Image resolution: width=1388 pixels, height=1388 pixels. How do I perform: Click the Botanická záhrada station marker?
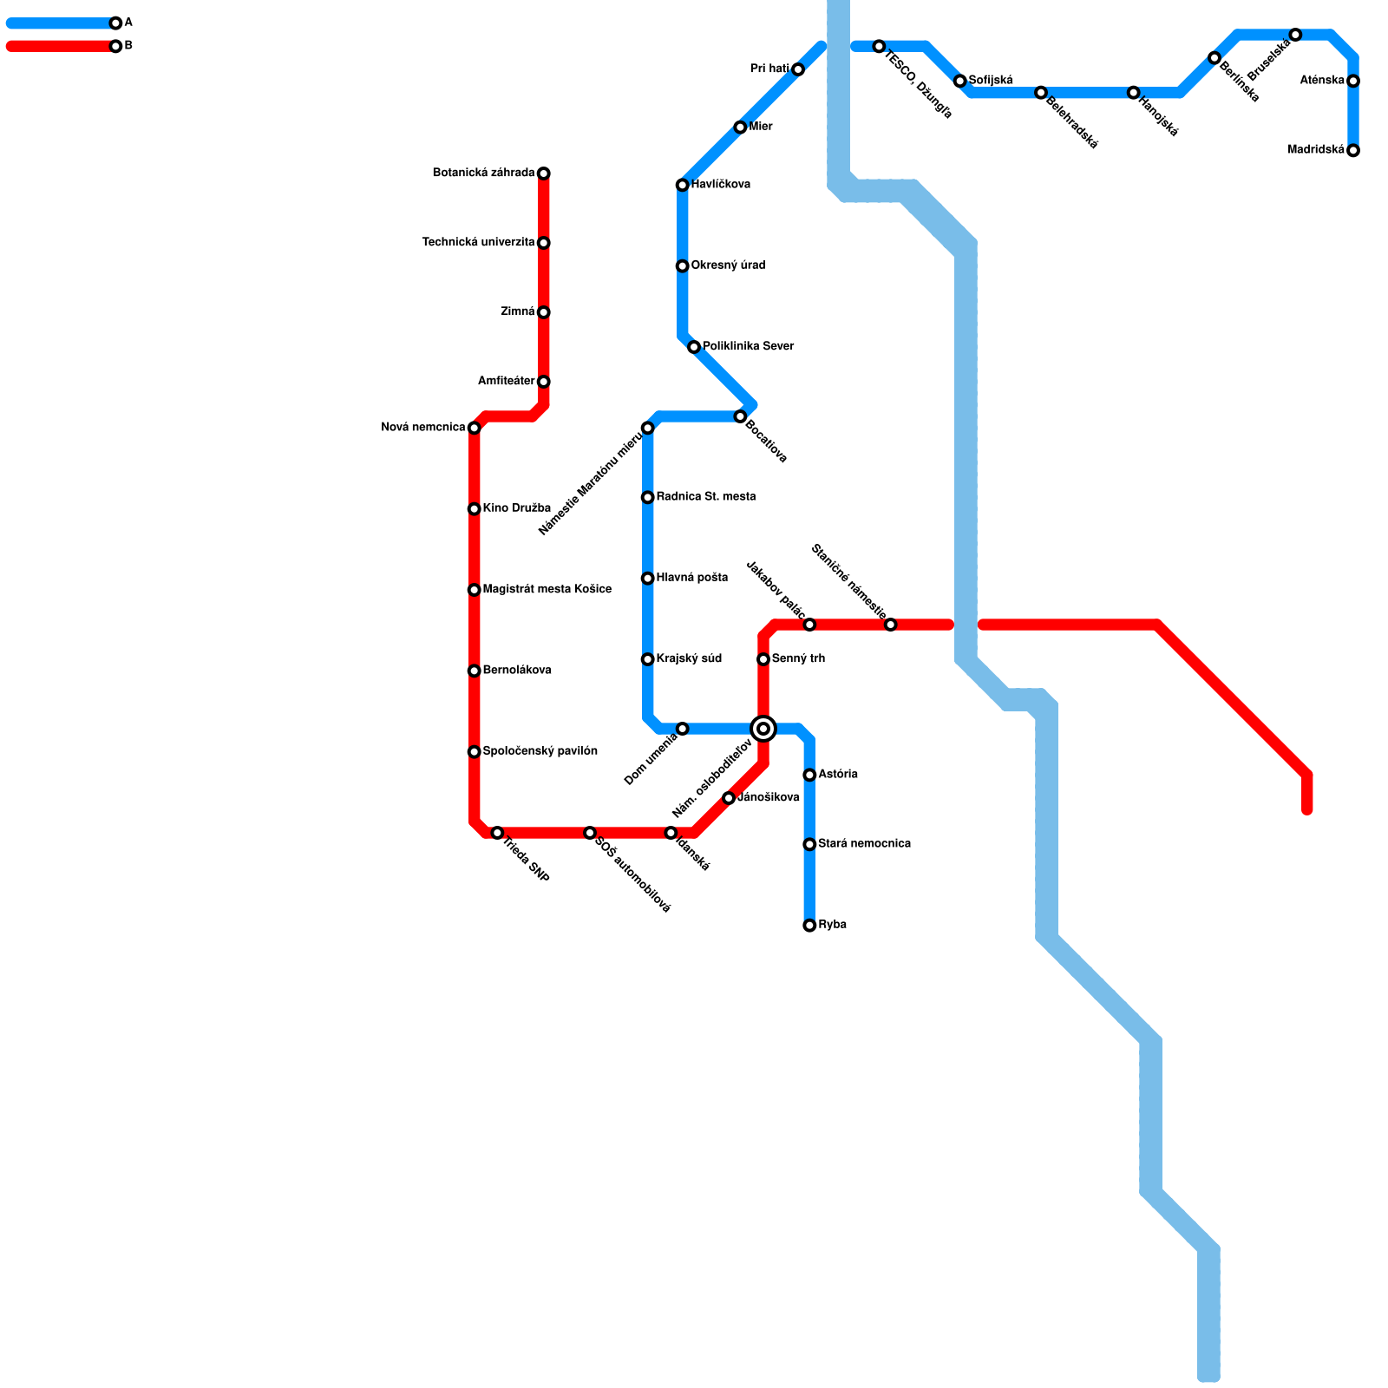click(543, 173)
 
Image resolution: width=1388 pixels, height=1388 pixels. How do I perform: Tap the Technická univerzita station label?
click(478, 243)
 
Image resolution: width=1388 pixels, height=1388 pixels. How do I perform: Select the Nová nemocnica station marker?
click(474, 428)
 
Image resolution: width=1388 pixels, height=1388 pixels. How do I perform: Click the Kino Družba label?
click(516, 508)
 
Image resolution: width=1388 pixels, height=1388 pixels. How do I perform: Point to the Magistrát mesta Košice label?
click(547, 590)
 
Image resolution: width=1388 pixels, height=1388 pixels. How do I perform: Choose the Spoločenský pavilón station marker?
click(474, 751)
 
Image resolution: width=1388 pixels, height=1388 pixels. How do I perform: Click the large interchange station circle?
click(763, 729)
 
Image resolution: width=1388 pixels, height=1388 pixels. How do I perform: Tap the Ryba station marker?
click(809, 926)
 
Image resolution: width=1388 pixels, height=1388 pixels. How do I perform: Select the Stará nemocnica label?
click(864, 844)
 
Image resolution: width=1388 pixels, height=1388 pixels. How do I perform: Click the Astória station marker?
click(809, 775)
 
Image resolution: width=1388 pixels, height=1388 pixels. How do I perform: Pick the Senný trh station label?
click(798, 659)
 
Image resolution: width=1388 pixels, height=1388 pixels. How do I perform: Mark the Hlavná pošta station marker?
click(647, 579)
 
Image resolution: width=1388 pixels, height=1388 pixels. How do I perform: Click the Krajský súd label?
click(689, 659)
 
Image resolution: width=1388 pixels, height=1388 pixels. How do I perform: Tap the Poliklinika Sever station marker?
click(694, 347)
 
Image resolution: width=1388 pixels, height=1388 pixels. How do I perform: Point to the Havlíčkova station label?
click(720, 185)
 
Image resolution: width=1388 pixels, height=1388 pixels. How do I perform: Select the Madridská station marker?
click(1353, 150)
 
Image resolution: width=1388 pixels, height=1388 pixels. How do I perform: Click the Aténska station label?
click(1322, 81)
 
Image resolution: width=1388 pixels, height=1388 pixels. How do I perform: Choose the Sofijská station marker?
click(959, 81)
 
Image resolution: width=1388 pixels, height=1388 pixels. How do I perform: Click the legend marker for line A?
click(115, 23)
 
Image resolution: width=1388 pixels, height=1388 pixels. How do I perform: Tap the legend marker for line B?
click(115, 46)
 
